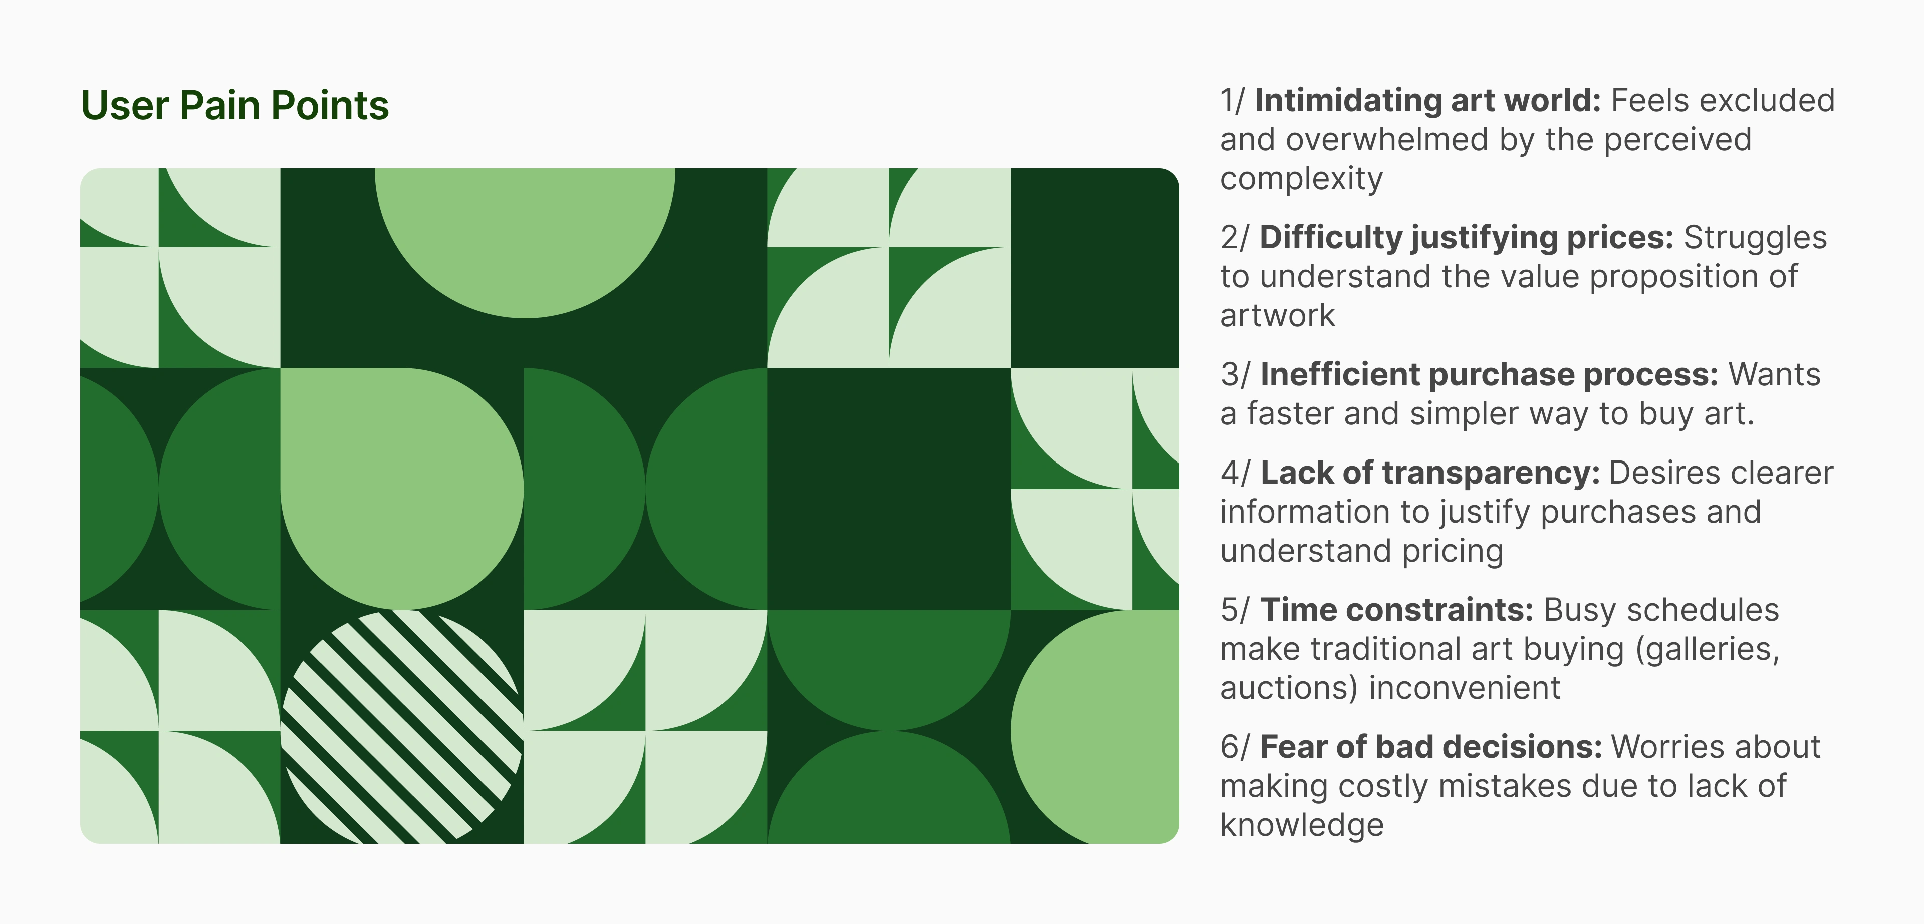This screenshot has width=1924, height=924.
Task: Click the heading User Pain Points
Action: (x=234, y=105)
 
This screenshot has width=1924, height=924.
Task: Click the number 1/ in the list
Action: (x=1233, y=101)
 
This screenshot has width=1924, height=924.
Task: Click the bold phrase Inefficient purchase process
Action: (x=1489, y=375)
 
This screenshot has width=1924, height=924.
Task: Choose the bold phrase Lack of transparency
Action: (x=1429, y=473)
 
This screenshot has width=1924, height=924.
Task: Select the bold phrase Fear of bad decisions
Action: (x=1431, y=747)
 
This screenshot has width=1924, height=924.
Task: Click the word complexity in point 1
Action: (x=1301, y=179)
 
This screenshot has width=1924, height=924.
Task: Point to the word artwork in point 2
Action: (x=1277, y=316)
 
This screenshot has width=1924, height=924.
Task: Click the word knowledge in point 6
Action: (x=1302, y=825)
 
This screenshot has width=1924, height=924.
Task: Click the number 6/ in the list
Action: (x=1235, y=747)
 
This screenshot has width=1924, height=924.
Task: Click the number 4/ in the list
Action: (x=1235, y=473)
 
